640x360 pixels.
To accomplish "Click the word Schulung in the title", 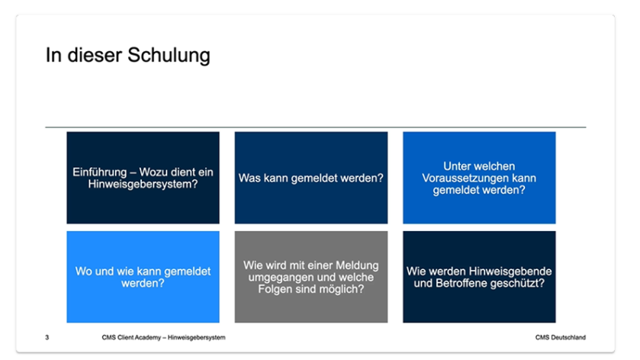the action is click(x=169, y=56).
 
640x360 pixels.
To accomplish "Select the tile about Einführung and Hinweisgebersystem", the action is click(x=143, y=178).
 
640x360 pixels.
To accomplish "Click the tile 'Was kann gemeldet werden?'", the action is click(x=311, y=178).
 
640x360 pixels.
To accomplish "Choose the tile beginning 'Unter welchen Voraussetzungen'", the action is click(x=479, y=178).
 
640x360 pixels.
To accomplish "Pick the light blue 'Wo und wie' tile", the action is click(x=143, y=277).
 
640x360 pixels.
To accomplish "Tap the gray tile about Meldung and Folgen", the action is click(x=311, y=277).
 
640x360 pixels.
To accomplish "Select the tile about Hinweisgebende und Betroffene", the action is click(x=479, y=277).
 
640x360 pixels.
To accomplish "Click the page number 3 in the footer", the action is click(x=47, y=338).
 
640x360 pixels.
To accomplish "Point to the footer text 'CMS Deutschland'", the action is click(x=561, y=338).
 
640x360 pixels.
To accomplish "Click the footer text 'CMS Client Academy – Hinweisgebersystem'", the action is click(x=164, y=338).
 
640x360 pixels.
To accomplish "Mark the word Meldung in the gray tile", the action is click(x=359, y=265).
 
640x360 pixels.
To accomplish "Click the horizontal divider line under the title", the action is click(x=316, y=127).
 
